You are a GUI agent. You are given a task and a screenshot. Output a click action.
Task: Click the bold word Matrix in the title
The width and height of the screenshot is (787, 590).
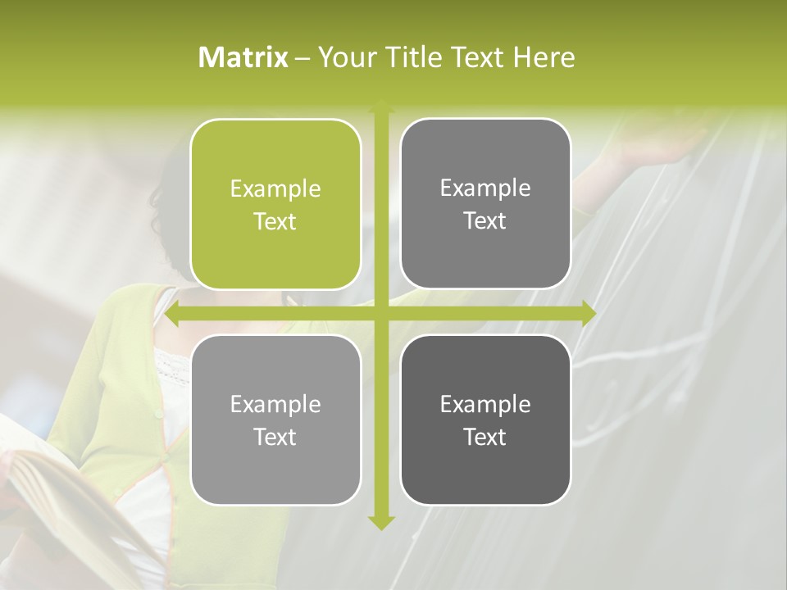pos(243,57)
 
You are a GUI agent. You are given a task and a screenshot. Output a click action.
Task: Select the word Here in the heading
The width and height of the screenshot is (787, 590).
pos(544,57)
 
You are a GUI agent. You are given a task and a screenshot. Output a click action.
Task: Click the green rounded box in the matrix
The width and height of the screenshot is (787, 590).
pos(275,205)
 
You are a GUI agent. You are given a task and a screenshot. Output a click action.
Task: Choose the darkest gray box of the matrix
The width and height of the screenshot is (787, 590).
pos(485,420)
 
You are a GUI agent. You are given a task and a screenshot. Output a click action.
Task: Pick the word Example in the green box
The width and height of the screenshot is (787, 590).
pos(275,189)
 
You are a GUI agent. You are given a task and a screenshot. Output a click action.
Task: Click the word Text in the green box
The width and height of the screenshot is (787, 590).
pos(275,222)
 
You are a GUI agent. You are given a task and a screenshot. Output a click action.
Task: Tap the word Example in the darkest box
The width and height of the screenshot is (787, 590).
pos(485,404)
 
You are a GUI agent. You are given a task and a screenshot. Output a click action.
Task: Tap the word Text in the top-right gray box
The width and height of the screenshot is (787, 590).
pos(485,221)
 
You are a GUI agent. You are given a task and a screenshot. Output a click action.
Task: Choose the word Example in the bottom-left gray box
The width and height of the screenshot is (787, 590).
pos(275,405)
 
